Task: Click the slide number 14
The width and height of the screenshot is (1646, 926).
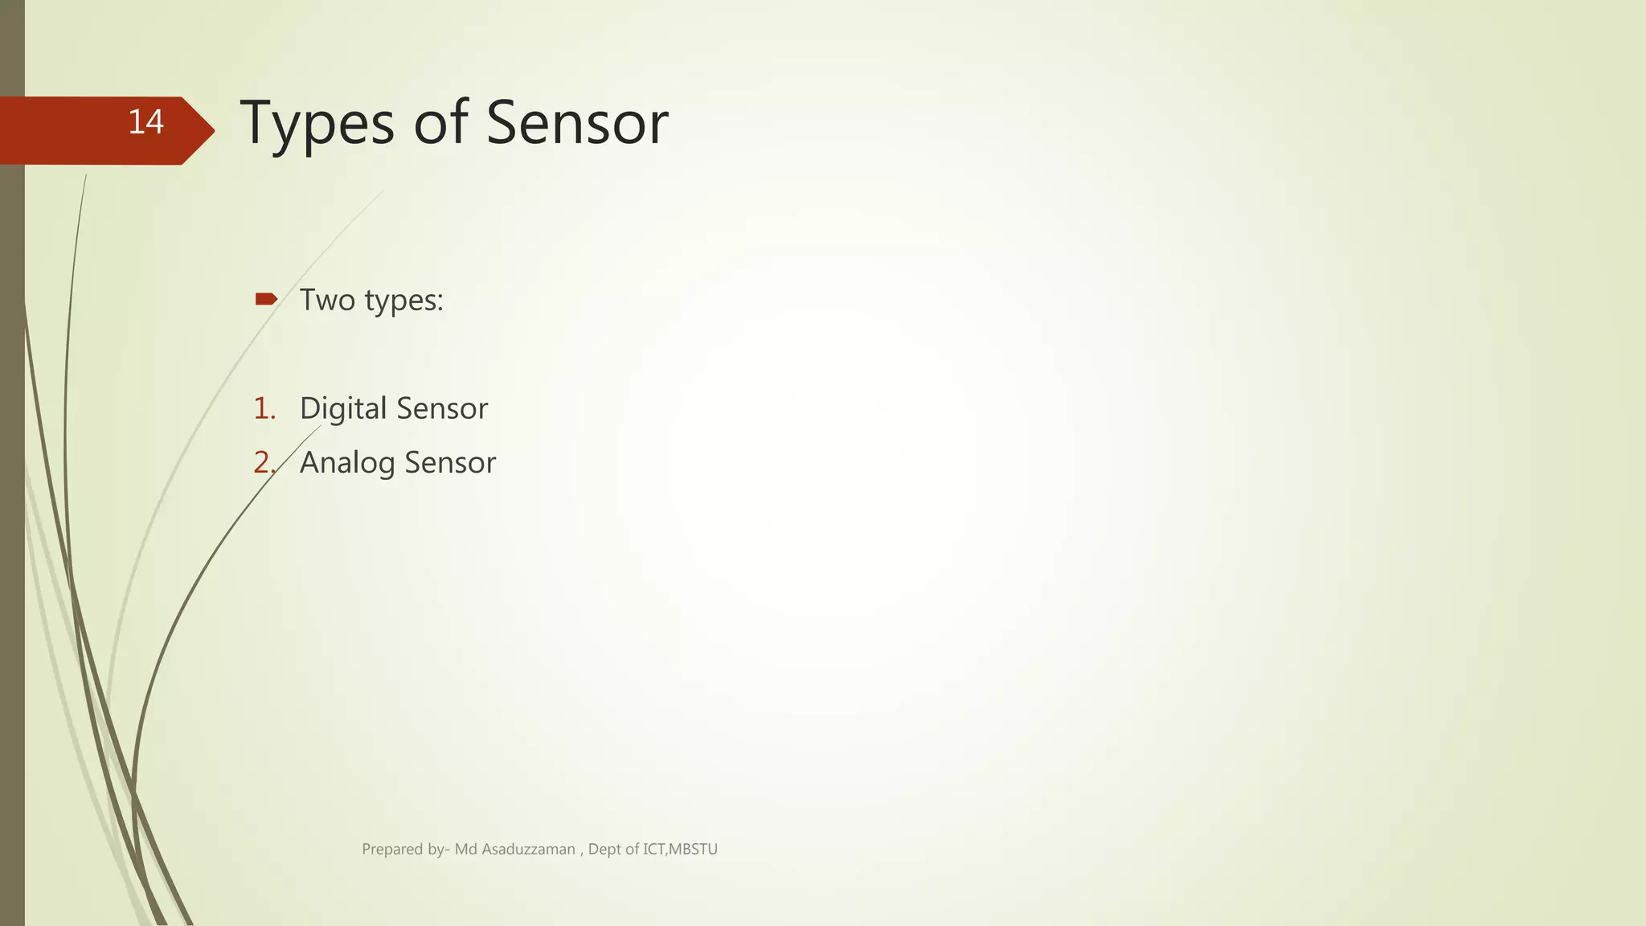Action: (145, 122)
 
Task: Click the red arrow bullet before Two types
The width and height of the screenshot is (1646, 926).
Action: (266, 300)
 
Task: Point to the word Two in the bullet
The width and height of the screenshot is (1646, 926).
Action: (327, 300)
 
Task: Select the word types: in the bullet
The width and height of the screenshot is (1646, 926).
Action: (404, 301)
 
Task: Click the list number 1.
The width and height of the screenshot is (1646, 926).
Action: (264, 408)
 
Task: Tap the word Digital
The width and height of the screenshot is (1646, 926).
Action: (343, 409)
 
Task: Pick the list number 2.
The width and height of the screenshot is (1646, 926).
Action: (264, 462)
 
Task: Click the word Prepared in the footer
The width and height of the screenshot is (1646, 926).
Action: (392, 849)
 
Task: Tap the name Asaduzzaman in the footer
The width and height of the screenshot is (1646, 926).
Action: (528, 849)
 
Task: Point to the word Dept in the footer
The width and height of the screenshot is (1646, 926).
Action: (605, 849)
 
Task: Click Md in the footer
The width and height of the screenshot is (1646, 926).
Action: (466, 849)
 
